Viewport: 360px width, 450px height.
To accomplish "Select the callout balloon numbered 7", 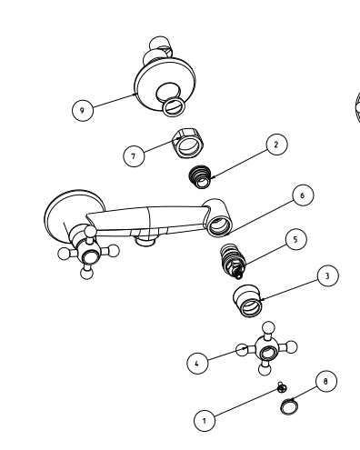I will point(134,156).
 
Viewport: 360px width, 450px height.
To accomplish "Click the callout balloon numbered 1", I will point(206,421).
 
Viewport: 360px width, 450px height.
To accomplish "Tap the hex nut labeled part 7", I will point(190,143).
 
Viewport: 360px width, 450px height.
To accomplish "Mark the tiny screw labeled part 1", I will point(283,388).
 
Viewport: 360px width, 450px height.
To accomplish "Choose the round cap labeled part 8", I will point(290,405).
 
